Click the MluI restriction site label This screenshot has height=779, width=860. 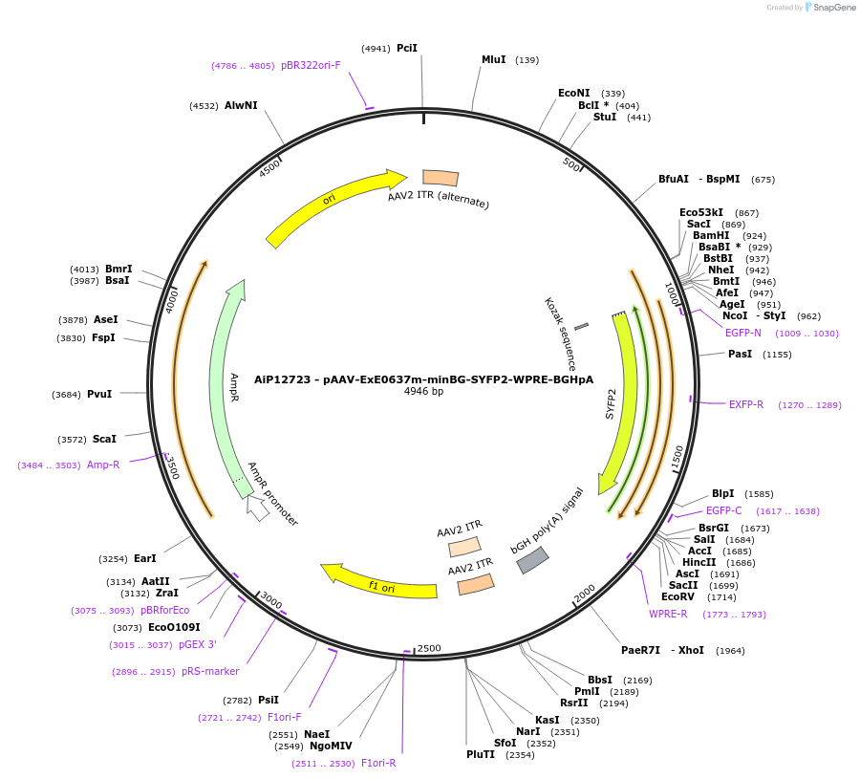493,59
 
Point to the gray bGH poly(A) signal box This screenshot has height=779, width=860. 532,560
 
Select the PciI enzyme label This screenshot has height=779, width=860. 407,48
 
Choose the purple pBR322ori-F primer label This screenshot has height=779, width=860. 311,65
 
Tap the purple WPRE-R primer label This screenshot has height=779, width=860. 668,614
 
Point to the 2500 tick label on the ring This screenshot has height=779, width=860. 429,648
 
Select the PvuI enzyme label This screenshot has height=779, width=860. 99,394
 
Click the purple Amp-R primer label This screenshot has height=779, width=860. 103,465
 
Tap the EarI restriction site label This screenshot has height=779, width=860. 145,558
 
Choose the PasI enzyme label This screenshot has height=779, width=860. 740,354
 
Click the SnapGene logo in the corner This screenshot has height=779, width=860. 829,8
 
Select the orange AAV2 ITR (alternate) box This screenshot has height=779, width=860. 441,178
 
